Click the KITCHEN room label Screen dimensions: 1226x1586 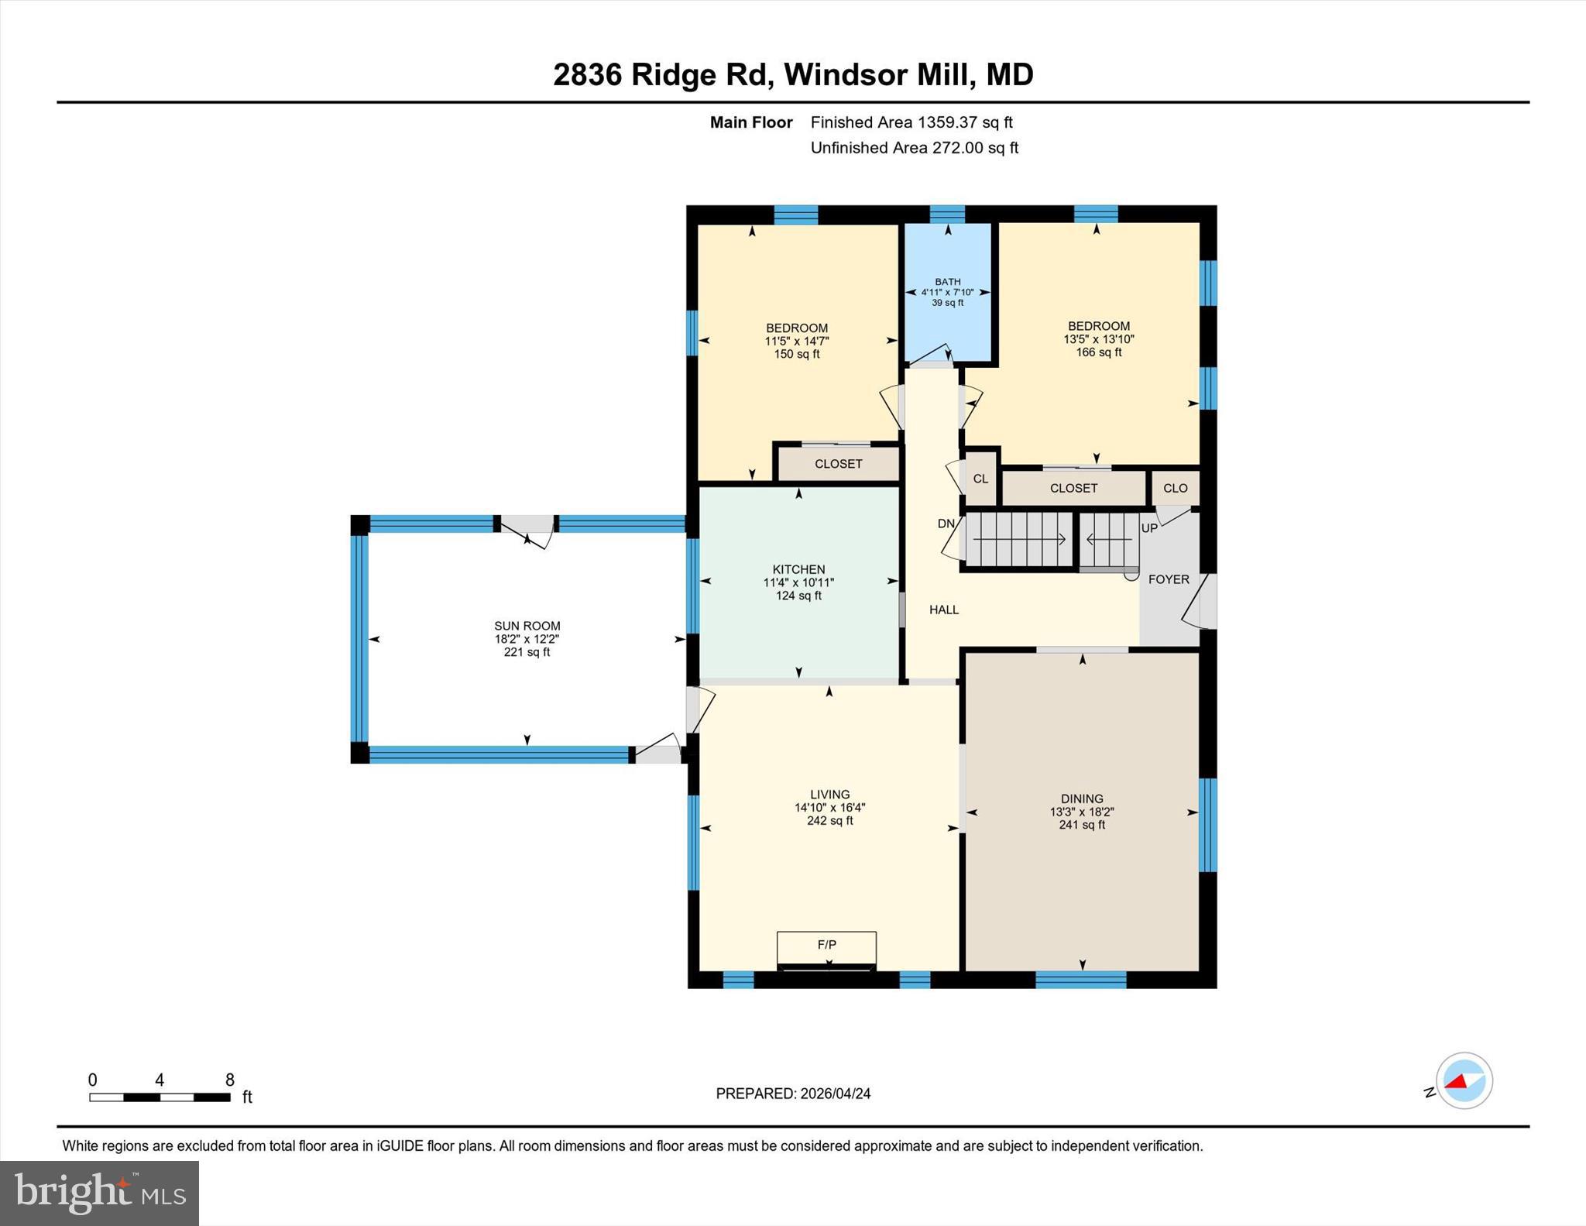798,569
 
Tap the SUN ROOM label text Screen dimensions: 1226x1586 527,626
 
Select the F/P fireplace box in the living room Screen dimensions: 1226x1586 826,946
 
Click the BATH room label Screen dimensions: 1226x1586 947,282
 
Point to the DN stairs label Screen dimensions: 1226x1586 946,524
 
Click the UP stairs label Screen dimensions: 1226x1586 1149,528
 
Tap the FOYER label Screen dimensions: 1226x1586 1168,579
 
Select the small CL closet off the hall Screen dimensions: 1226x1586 980,479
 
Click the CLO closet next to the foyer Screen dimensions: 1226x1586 1175,488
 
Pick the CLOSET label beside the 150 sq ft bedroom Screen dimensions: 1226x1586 838,464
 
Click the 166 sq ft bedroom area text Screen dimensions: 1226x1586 1098,352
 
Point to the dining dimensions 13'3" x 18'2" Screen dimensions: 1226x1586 1082,812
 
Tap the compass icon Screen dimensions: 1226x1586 1464,1080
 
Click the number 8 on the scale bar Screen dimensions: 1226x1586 229,1080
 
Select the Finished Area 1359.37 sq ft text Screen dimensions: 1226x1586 911,122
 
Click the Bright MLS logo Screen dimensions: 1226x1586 99,1193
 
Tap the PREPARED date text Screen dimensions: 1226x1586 793,1094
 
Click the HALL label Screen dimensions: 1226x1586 943,610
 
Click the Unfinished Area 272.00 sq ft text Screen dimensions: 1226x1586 914,148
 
